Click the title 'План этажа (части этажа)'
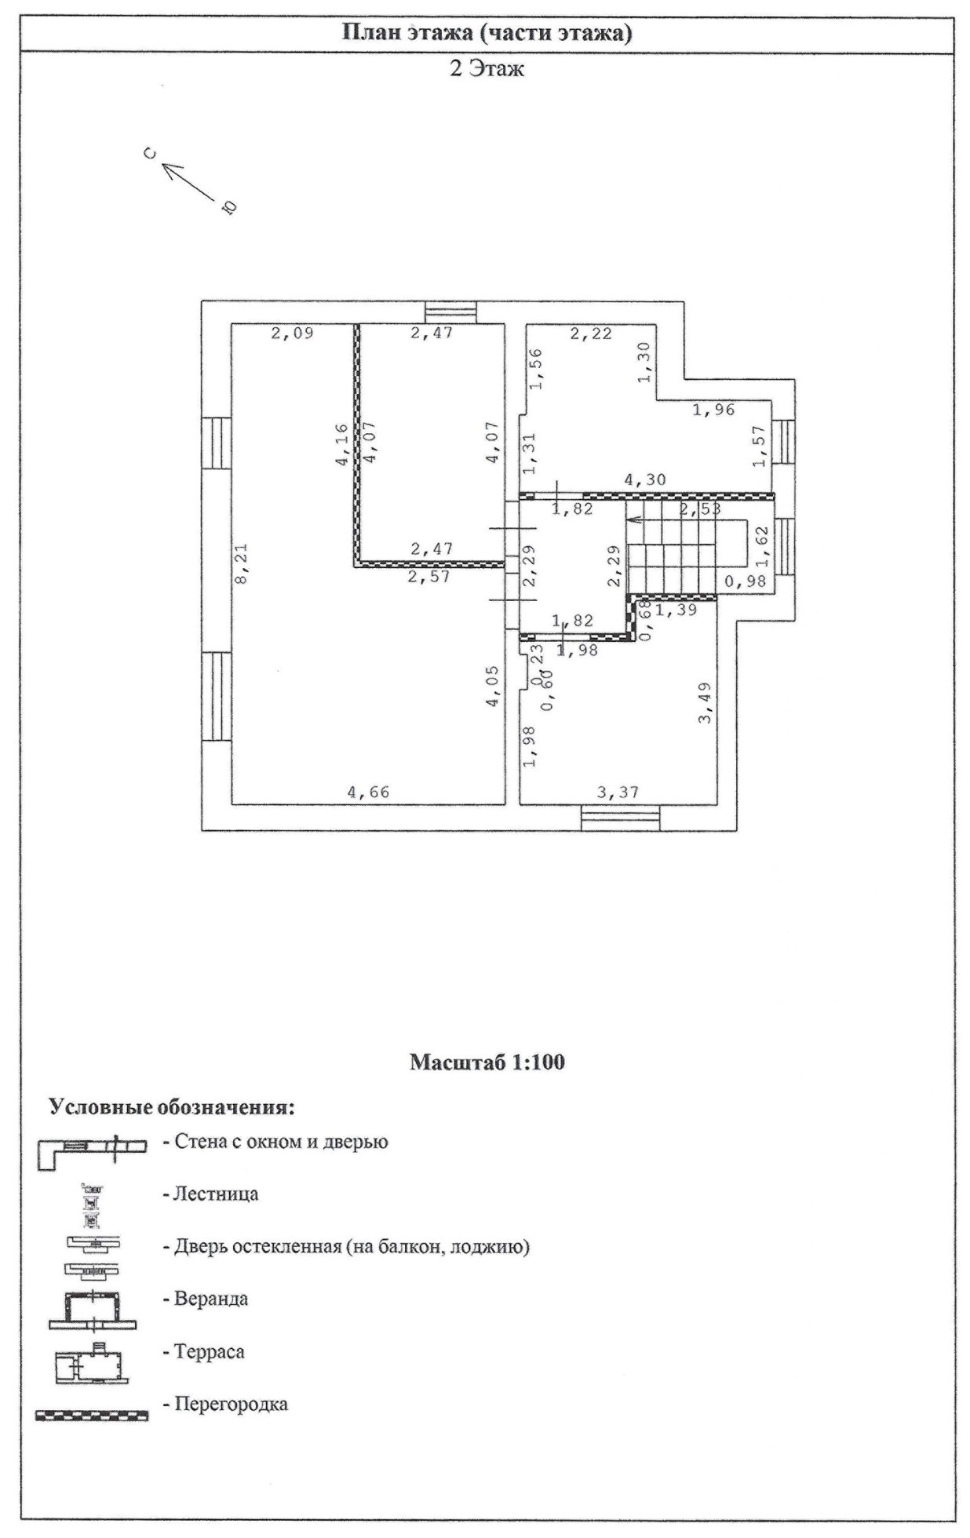[x=487, y=33]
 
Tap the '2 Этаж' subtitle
[x=487, y=69]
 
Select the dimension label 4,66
[x=368, y=793]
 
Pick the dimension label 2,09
[x=292, y=333]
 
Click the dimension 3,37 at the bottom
[x=618, y=793]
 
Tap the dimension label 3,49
[x=706, y=703]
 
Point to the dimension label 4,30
[x=644, y=479]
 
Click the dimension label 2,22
[x=590, y=333]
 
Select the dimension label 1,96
[x=713, y=409]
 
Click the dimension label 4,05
[x=492, y=687]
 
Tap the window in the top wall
[x=450, y=312]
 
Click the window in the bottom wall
[x=620, y=818]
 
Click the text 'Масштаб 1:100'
[x=487, y=1062]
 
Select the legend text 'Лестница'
[x=210, y=1194]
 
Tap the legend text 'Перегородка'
[x=225, y=1404]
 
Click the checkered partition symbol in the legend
[x=91, y=1416]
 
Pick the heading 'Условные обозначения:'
[x=172, y=1107]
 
